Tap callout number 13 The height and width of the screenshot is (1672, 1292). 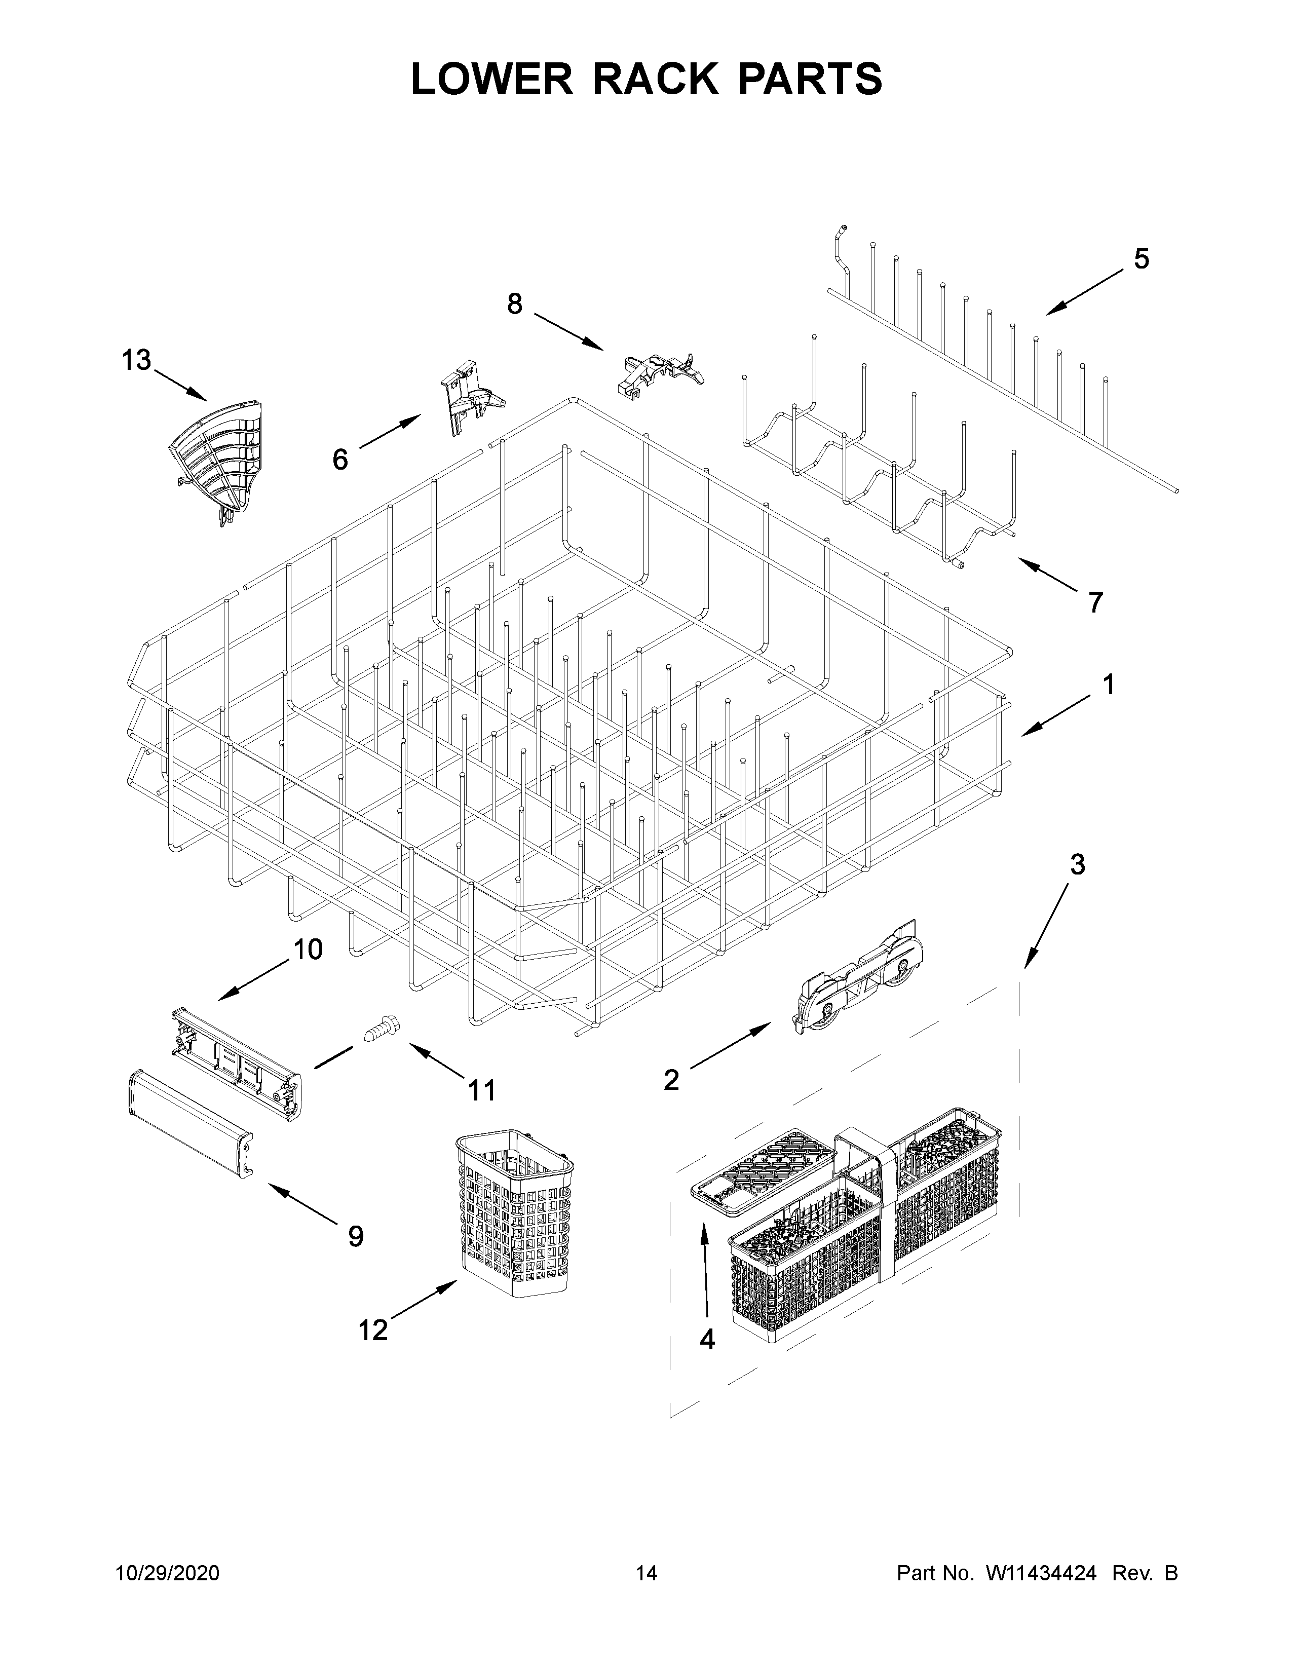click(x=137, y=360)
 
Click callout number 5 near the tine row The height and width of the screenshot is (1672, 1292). click(x=1141, y=259)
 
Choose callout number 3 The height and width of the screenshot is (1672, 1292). click(x=1077, y=865)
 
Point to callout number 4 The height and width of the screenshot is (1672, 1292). click(x=707, y=1340)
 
